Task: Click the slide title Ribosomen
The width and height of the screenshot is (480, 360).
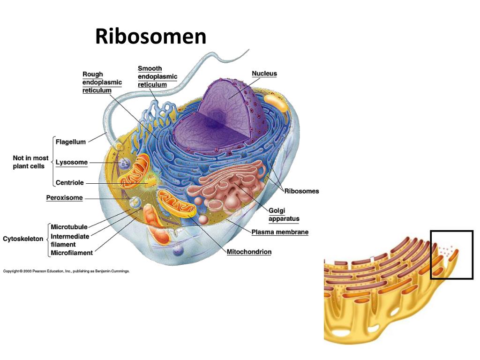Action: (x=150, y=37)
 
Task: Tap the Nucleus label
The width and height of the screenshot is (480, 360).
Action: (x=264, y=74)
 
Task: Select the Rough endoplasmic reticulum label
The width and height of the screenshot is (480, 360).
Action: (x=102, y=82)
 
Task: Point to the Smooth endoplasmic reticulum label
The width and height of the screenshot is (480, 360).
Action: (x=157, y=77)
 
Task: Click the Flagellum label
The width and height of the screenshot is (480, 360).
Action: (x=71, y=142)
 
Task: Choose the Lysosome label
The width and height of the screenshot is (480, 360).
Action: (x=72, y=163)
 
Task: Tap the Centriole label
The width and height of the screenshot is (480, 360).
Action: (x=70, y=183)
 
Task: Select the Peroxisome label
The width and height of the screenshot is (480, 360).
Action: (x=64, y=198)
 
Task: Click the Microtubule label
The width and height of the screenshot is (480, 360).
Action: (x=69, y=227)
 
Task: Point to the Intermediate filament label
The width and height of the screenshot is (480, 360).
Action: (x=70, y=240)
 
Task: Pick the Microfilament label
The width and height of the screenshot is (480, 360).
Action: (x=72, y=253)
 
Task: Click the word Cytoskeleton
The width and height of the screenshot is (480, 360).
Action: (x=23, y=239)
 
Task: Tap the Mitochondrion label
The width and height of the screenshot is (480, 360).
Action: (x=249, y=252)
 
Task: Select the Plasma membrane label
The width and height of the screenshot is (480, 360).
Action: (x=280, y=232)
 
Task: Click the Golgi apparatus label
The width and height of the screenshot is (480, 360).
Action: (x=284, y=215)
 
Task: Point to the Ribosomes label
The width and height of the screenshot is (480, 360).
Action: (x=301, y=191)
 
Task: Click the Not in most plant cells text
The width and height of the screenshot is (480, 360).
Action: (x=30, y=162)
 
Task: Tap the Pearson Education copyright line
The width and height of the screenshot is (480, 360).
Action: (x=66, y=271)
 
